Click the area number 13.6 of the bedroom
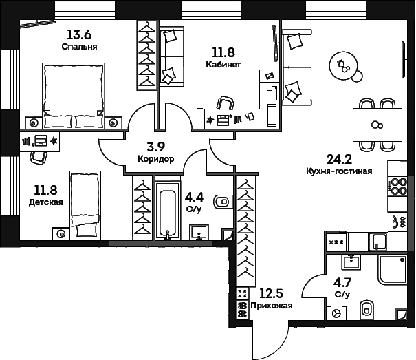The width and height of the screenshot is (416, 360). pyautogui.click(x=78, y=34)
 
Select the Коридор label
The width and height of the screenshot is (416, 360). pyautogui.click(x=155, y=159)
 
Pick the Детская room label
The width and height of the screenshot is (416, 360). pyautogui.click(x=46, y=202)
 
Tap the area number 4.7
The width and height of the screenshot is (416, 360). pyautogui.click(x=342, y=282)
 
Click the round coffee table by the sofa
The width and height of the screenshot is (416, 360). pyautogui.click(x=342, y=67)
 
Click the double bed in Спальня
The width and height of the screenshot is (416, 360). pyautogui.click(x=77, y=94)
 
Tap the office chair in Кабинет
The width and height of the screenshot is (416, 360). pyautogui.click(x=225, y=103)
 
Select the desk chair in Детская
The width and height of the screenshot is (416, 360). pyautogui.click(x=39, y=157)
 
